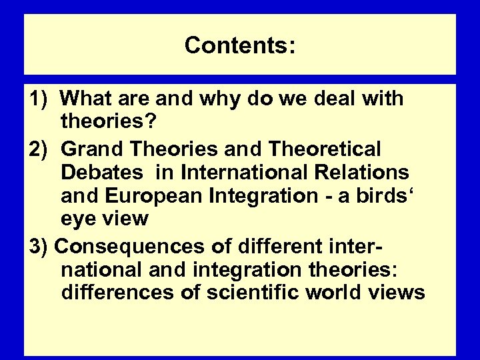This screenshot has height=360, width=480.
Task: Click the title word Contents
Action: coord(239,45)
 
